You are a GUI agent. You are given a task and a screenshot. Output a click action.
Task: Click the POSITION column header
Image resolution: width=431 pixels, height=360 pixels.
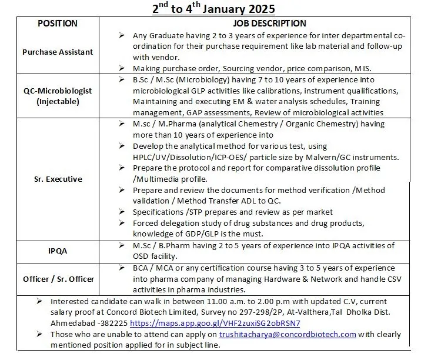[58, 24]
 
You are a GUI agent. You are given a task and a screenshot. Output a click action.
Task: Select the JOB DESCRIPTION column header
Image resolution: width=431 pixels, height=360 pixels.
[270, 24]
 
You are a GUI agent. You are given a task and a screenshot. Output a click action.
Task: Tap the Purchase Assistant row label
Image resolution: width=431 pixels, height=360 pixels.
[58, 52]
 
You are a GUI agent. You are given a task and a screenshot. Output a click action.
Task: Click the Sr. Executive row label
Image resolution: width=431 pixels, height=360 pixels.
[58, 179]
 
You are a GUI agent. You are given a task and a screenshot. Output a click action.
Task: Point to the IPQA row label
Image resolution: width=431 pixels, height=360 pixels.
[58, 251]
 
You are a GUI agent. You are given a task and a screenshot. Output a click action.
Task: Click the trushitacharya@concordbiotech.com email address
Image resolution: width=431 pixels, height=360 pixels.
[288, 335]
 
